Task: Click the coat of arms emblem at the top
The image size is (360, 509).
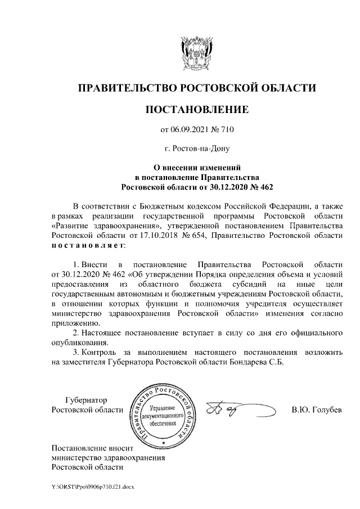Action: point(196,52)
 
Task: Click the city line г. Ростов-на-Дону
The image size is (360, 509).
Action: point(196,149)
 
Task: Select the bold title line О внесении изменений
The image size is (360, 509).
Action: point(197,167)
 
